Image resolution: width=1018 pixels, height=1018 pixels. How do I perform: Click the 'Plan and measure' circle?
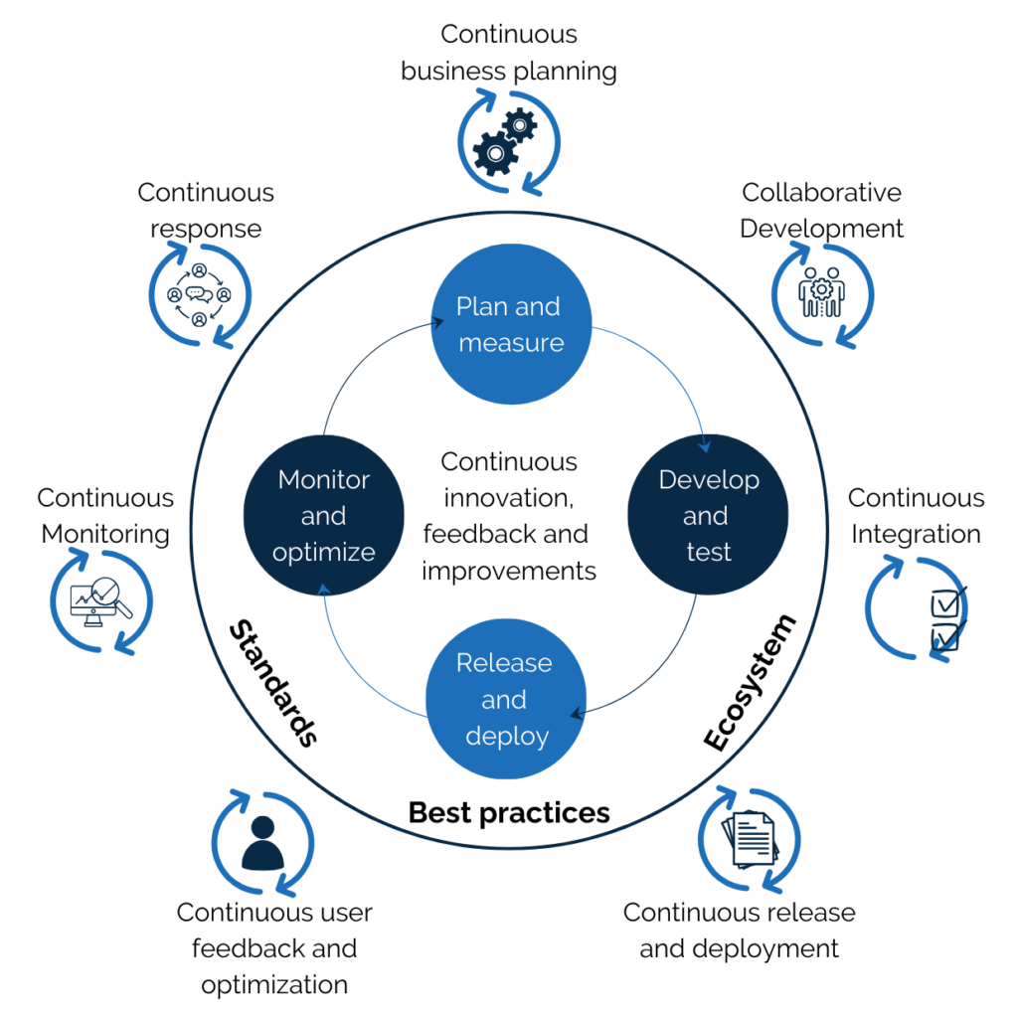[508, 325]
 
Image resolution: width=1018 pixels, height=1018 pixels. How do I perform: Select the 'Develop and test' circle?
[708, 515]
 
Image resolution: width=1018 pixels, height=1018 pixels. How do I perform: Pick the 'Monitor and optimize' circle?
[323, 515]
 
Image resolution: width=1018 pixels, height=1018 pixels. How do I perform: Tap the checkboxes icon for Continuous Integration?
[945, 619]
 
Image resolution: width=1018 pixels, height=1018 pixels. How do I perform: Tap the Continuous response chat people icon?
[199, 294]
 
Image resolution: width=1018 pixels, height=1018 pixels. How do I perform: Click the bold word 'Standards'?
[272, 684]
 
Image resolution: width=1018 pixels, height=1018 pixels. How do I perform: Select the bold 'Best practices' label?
[509, 813]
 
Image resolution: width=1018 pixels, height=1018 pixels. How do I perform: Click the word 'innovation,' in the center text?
[508, 498]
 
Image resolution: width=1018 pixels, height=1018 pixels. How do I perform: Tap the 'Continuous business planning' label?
[508, 53]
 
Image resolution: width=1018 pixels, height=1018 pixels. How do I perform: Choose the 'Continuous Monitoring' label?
[105, 515]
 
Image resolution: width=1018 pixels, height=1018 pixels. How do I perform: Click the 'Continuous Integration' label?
[916, 515]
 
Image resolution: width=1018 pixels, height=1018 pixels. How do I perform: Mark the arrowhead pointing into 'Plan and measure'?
[437, 321]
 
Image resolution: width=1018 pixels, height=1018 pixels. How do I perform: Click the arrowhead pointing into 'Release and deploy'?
[576, 712]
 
